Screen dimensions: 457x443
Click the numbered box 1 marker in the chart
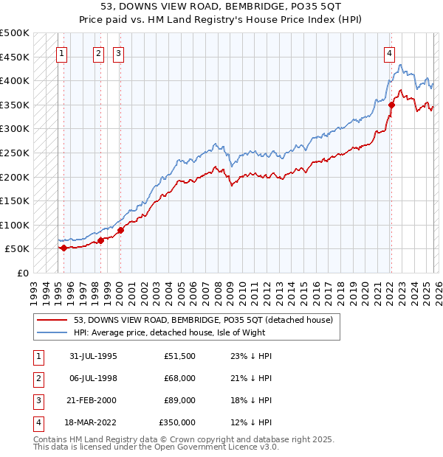click(x=63, y=52)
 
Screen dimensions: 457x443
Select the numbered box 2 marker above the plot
click(x=99, y=52)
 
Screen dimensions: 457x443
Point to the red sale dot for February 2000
click(x=120, y=230)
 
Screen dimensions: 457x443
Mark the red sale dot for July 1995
click(x=63, y=248)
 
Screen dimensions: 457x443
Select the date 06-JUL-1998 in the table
click(x=93, y=378)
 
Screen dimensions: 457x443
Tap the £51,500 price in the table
click(x=179, y=356)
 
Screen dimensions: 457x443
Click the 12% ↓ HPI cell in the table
click(x=251, y=422)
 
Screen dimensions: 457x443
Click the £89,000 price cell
click(x=179, y=400)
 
